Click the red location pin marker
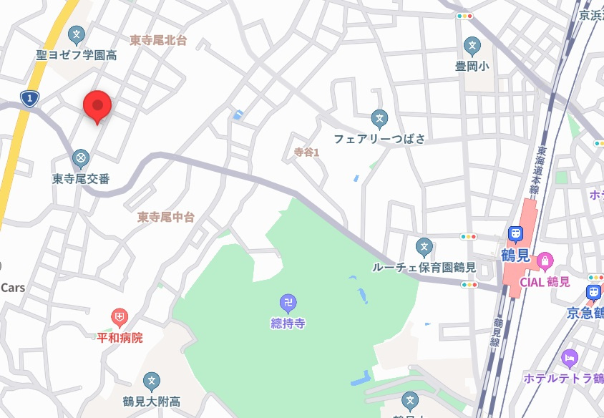97,107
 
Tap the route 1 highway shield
29,99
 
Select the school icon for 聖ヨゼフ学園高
77,34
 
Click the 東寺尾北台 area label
158,41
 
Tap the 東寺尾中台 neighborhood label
165,216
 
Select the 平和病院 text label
120,337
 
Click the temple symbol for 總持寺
288,303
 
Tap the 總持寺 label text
288,324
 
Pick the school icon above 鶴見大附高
151,381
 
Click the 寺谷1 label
306,152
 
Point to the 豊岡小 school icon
472,47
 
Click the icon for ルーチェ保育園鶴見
424,248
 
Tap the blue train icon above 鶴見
515,234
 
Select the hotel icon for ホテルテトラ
570,357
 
